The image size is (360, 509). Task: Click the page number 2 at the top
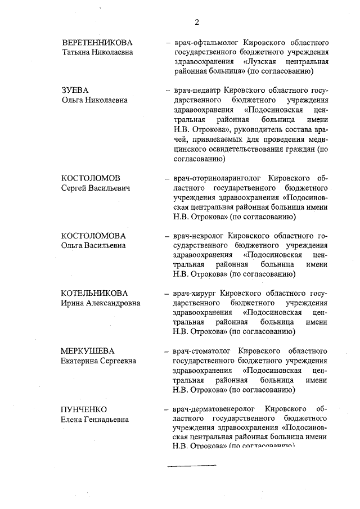pos(197,22)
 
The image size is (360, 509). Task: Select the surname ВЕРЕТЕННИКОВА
pos(97,43)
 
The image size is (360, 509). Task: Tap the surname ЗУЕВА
pos(75,90)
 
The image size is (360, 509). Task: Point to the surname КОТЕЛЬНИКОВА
pos(94,293)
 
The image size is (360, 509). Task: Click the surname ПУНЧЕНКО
pos(84,409)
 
